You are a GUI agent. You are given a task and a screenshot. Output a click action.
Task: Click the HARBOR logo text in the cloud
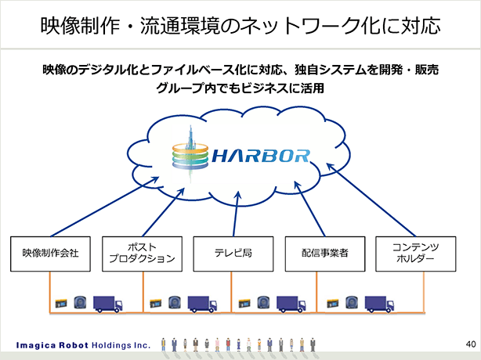(261, 156)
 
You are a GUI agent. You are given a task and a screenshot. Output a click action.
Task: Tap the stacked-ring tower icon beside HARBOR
(190, 154)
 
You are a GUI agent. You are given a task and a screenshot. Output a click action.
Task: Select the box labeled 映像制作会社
(50, 254)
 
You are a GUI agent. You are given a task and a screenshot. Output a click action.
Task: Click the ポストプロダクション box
(142, 254)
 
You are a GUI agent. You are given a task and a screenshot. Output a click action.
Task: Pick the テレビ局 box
(233, 254)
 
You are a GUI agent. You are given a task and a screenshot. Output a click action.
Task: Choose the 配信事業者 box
(325, 254)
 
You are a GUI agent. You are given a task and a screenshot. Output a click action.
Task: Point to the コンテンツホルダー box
(416, 254)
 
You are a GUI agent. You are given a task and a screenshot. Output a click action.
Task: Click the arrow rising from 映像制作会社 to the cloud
(105, 207)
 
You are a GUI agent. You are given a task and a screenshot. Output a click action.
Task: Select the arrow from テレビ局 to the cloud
(236, 214)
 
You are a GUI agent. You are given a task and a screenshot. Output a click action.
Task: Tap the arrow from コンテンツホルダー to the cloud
(371, 200)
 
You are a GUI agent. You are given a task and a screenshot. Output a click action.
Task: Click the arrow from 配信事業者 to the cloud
(309, 209)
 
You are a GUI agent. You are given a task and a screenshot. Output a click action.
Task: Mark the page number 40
(471, 344)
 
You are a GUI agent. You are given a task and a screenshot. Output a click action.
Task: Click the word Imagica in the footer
(36, 346)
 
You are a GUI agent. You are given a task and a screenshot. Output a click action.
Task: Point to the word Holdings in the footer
(111, 346)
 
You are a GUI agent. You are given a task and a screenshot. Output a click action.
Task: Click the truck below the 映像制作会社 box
(107, 304)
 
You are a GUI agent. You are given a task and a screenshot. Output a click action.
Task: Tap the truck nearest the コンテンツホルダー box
(379, 304)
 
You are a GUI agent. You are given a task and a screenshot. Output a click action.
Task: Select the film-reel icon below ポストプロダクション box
(174, 303)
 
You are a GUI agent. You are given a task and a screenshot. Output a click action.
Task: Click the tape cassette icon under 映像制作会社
(61, 304)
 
